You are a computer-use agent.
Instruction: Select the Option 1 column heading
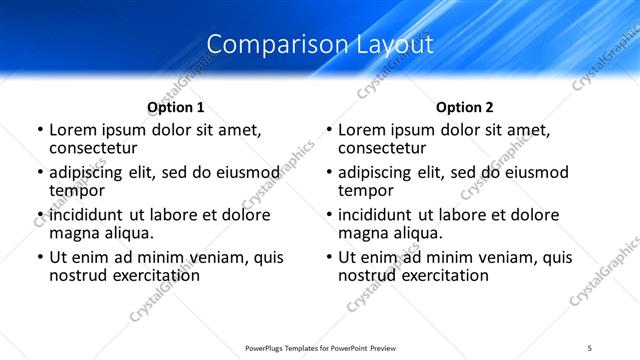(x=176, y=107)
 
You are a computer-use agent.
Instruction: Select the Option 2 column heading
(x=465, y=107)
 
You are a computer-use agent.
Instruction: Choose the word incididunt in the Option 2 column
(x=380, y=215)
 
